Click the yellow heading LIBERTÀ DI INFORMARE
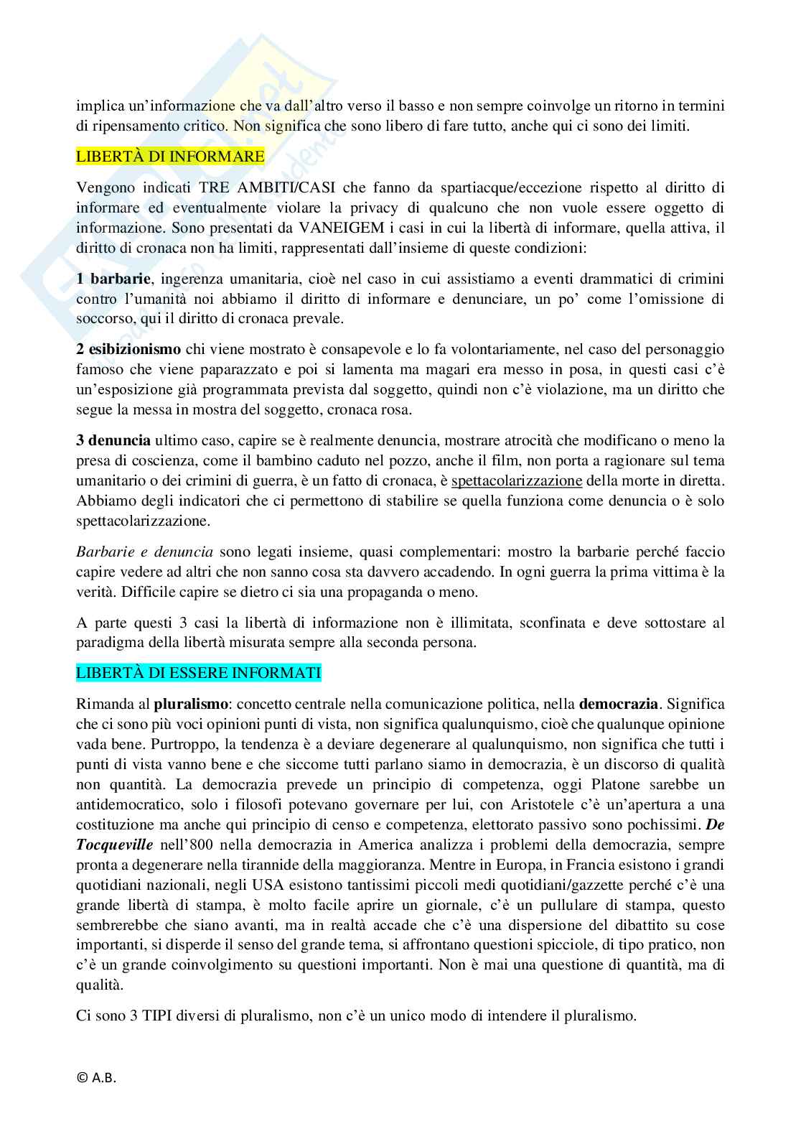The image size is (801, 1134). [x=170, y=155]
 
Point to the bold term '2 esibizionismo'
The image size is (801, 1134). [x=128, y=350]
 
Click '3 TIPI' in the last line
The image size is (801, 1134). [x=154, y=1016]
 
